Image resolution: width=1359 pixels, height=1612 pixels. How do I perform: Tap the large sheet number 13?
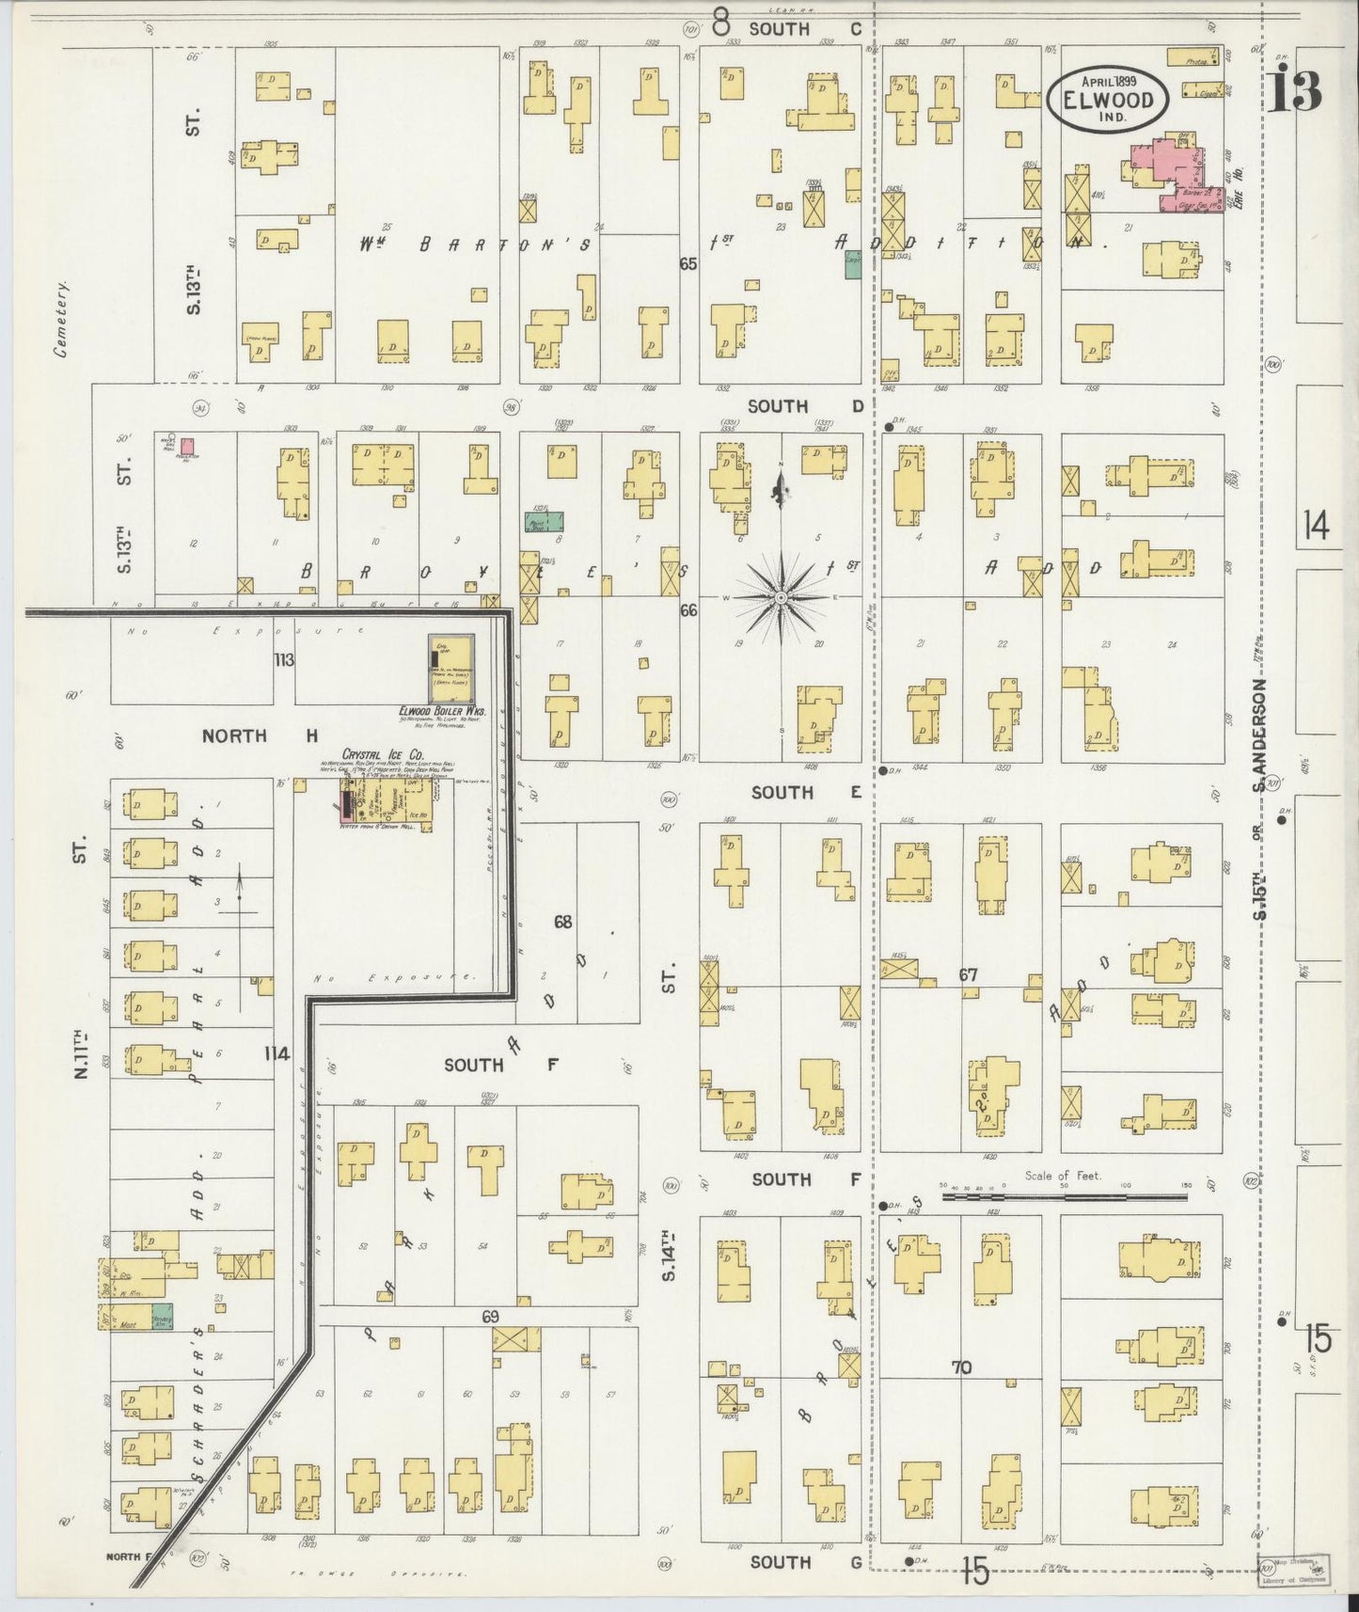(x=1294, y=90)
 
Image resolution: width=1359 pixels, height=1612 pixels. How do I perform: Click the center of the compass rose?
(x=781, y=596)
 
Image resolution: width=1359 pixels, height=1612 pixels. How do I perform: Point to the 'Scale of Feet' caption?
(x=1064, y=1176)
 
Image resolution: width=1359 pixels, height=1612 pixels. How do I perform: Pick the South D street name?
(x=805, y=406)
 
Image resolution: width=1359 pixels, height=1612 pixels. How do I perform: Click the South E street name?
(x=806, y=793)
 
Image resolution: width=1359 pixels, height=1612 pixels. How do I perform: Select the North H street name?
(x=261, y=735)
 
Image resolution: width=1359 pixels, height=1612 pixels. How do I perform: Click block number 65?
(x=688, y=264)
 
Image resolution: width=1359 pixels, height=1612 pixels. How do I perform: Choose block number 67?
(x=968, y=975)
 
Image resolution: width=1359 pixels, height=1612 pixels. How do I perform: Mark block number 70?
(x=960, y=1367)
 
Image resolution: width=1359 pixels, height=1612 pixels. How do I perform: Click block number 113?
(x=284, y=660)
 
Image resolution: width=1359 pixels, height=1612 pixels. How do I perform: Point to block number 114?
(x=277, y=1053)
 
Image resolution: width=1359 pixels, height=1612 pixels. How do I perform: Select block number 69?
(x=490, y=1317)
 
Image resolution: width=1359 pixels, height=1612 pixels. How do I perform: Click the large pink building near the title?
(x=1171, y=169)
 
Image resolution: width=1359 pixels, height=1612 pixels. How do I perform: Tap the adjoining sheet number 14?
(x=1317, y=527)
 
